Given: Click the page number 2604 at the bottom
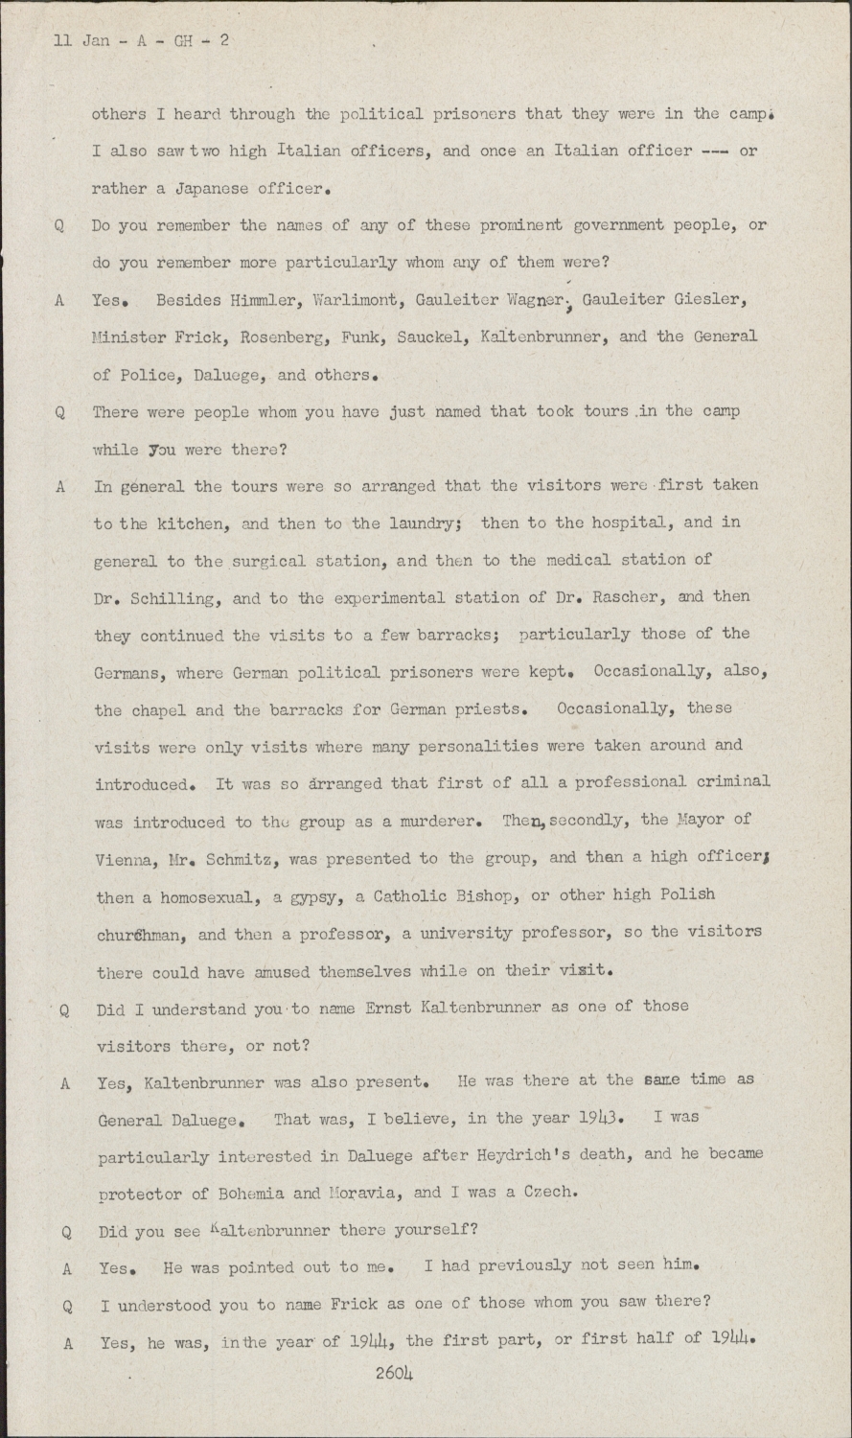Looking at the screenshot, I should pyautogui.click(x=396, y=1374).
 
